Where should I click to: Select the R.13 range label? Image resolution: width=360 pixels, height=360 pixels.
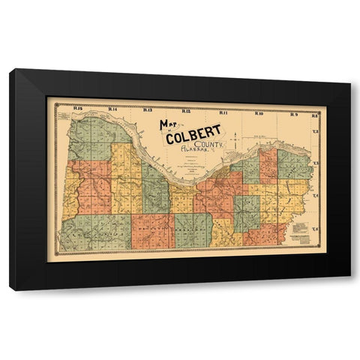click(147, 112)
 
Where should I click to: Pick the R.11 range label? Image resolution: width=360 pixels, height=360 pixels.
click(223, 112)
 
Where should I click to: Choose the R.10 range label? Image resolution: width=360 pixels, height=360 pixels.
click(258, 113)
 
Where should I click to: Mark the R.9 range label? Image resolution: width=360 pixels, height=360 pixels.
click(293, 113)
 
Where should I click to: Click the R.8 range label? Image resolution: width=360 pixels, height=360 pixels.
click(315, 115)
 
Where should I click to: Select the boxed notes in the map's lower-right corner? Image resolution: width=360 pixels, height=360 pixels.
click(301, 229)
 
